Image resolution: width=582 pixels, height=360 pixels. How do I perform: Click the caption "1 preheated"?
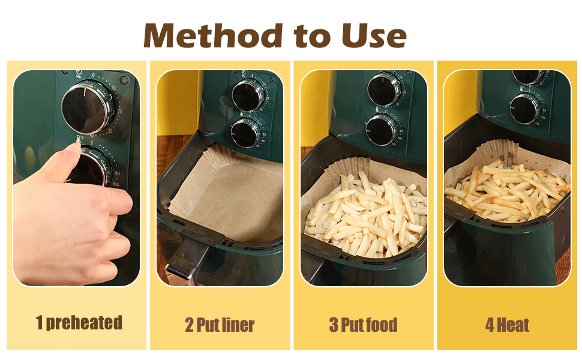click(x=79, y=323)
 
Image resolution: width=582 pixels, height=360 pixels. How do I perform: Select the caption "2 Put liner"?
click(x=220, y=325)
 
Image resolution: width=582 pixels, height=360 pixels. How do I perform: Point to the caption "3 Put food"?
click(x=363, y=325)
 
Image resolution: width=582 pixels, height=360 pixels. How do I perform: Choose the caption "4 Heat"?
click(x=507, y=325)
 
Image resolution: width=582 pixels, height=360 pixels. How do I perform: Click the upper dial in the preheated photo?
click(x=88, y=108)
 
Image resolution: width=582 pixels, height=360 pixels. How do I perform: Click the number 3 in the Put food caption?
click(x=334, y=325)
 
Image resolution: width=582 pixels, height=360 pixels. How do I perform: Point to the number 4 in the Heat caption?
click(x=490, y=325)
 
